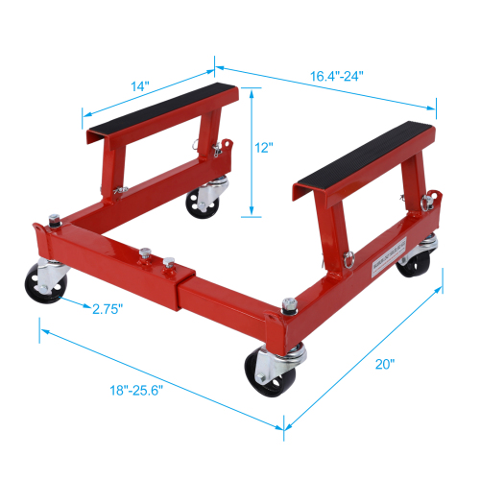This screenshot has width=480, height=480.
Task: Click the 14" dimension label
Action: (142, 86)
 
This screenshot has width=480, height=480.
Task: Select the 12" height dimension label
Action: (266, 149)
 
